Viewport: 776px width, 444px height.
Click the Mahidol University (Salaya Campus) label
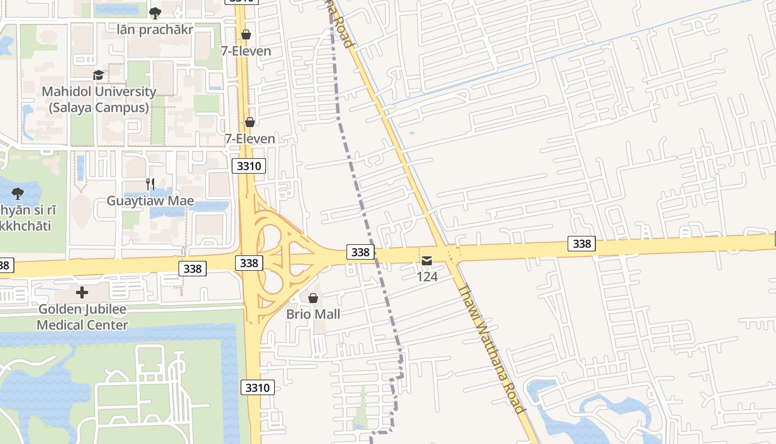(99, 99)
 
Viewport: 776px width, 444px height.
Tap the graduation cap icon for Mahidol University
(98, 75)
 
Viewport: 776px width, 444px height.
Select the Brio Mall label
(313, 314)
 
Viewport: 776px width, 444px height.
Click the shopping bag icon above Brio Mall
(313, 298)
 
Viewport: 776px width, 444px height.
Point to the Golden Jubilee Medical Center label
(83, 317)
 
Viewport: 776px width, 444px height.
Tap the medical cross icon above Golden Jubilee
(82, 292)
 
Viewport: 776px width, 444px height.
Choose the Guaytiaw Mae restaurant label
(150, 200)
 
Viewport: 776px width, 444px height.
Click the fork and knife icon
(150, 184)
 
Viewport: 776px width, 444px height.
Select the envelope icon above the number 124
(427, 260)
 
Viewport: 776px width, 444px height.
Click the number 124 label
(427, 276)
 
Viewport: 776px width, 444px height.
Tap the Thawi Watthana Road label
(492, 349)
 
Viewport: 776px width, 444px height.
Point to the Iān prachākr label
(155, 29)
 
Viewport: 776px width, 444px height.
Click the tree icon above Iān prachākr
(155, 13)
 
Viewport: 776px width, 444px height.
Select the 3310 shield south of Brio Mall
(258, 387)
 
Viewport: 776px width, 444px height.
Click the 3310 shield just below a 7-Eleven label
(250, 165)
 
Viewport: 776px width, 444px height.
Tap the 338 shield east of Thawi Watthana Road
(581, 244)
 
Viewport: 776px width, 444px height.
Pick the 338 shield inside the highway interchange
(249, 263)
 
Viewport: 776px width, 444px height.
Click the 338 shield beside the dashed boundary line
(360, 252)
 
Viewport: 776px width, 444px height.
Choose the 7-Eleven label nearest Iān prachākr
(246, 51)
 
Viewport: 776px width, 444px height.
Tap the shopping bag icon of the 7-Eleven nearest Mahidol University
(250, 122)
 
